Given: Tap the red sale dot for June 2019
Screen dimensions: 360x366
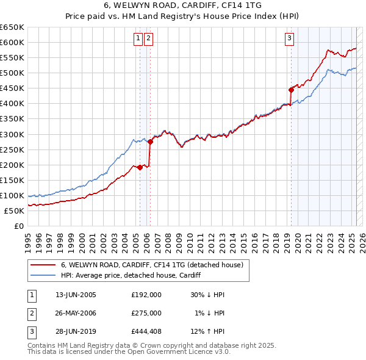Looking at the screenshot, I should [x=291, y=90].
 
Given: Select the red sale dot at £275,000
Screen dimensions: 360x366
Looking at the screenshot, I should [x=150, y=142].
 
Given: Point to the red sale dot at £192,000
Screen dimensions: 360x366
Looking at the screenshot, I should [x=140, y=167].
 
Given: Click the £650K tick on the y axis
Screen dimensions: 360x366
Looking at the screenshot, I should [x=12, y=27].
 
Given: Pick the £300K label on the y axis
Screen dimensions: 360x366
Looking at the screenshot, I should [x=12, y=134].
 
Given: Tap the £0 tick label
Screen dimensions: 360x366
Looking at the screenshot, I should [x=20, y=226].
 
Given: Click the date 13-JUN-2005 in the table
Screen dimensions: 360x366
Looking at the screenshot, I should [x=76, y=294].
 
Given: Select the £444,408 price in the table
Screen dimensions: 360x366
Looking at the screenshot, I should [x=146, y=332].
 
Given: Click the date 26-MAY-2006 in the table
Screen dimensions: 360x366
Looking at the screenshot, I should [x=76, y=313].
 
